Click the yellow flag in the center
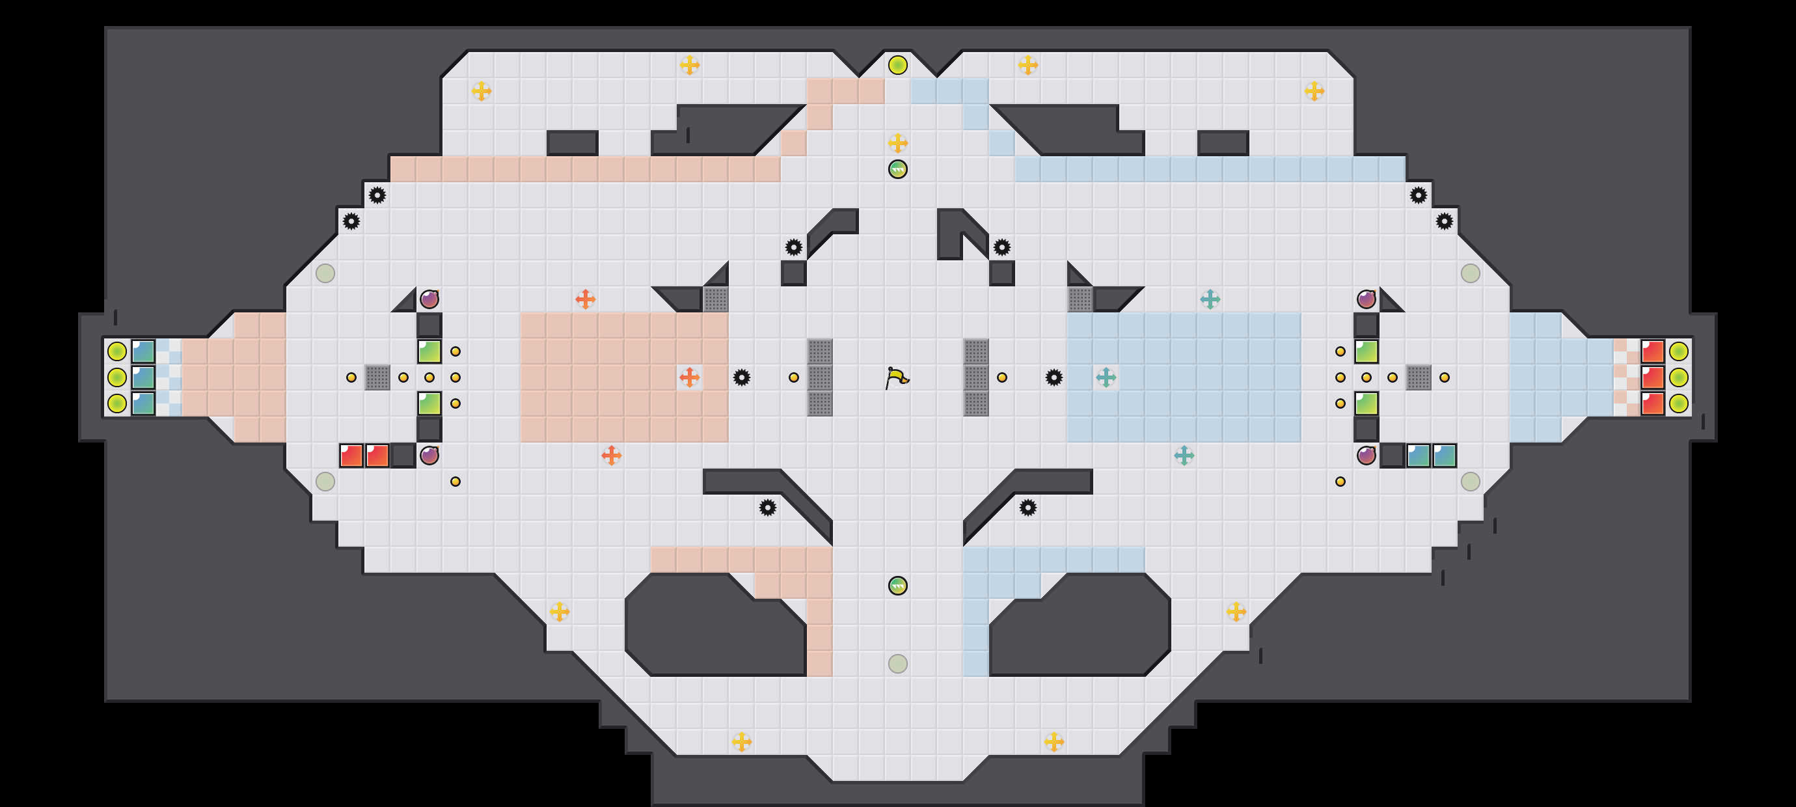tap(897, 377)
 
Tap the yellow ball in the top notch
tap(897, 65)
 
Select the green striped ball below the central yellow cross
tap(897, 169)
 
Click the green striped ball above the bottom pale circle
tap(897, 585)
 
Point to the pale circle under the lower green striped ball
tap(897, 663)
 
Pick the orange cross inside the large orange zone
tap(689, 377)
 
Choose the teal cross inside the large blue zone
tap(1106, 377)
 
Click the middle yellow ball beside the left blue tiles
tap(117, 377)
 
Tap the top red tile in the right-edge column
tap(1652, 351)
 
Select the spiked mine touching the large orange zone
tap(741, 377)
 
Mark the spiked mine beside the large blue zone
tap(1054, 377)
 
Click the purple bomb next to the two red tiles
tap(429, 456)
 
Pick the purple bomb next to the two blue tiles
tap(1366, 456)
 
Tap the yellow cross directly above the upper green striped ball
tap(897, 143)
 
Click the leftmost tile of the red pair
tap(351, 456)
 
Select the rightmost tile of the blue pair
tap(1444, 456)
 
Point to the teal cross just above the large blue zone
tap(1210, 299)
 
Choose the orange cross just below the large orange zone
tap(611, 456)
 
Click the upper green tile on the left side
tap(429, 351)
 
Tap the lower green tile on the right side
tap(1366, 403)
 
